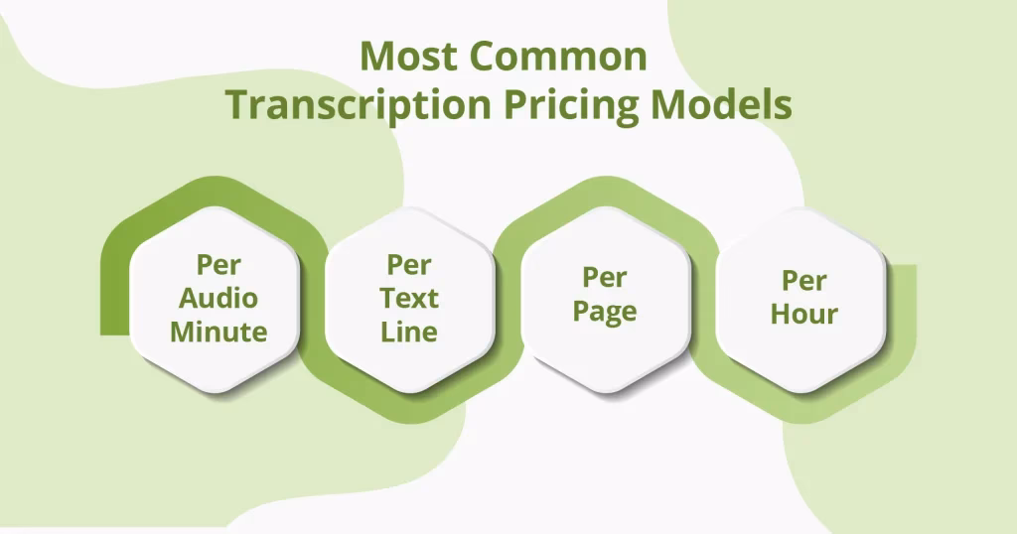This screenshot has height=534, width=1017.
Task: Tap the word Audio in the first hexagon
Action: tap(218, 299)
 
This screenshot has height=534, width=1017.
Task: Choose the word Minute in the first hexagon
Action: tap(218, 332)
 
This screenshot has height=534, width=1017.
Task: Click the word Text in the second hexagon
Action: tap(409, 298)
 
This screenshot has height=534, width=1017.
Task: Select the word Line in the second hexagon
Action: tap(409, 331)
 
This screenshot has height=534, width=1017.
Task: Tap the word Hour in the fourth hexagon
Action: tap(804, 315)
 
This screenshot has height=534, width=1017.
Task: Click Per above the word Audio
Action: tap(218, 266)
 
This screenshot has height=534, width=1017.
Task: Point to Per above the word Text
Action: tap(409, 265)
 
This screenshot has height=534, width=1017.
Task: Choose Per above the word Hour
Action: tap(804, 281)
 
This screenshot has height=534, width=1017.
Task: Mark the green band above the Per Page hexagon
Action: tap(604, 191)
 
